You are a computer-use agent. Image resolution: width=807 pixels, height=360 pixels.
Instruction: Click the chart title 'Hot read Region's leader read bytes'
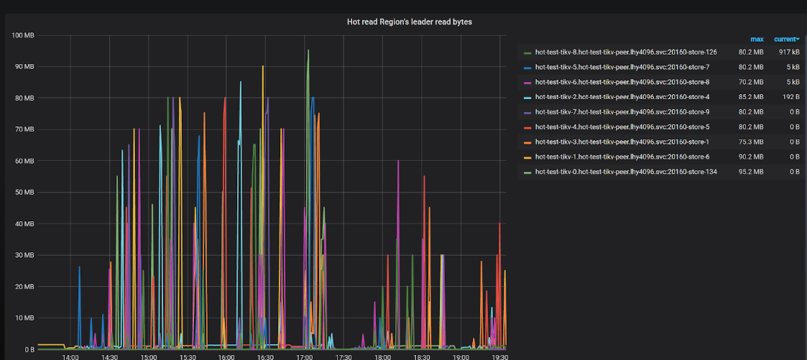pos(410,22)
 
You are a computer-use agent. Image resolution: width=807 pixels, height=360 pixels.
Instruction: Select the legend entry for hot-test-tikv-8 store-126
pos(626,52)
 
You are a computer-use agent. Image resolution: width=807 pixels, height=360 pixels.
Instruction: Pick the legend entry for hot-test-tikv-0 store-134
pos(626,172)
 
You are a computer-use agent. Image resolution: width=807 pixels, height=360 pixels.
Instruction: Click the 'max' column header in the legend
pos(757,39)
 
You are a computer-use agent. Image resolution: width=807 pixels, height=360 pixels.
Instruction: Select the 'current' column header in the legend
pos(786,39)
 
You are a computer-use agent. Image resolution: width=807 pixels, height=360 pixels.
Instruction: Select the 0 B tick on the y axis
pos(28,349)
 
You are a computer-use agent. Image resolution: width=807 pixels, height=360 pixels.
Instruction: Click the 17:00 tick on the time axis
pos(304,356)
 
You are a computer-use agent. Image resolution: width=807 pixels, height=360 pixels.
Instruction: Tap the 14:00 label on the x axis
pos(70,356)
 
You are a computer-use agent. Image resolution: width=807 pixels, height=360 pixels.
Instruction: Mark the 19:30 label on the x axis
pos(499,356)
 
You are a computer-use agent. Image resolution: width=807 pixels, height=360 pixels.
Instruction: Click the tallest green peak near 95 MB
pos(308,50)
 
